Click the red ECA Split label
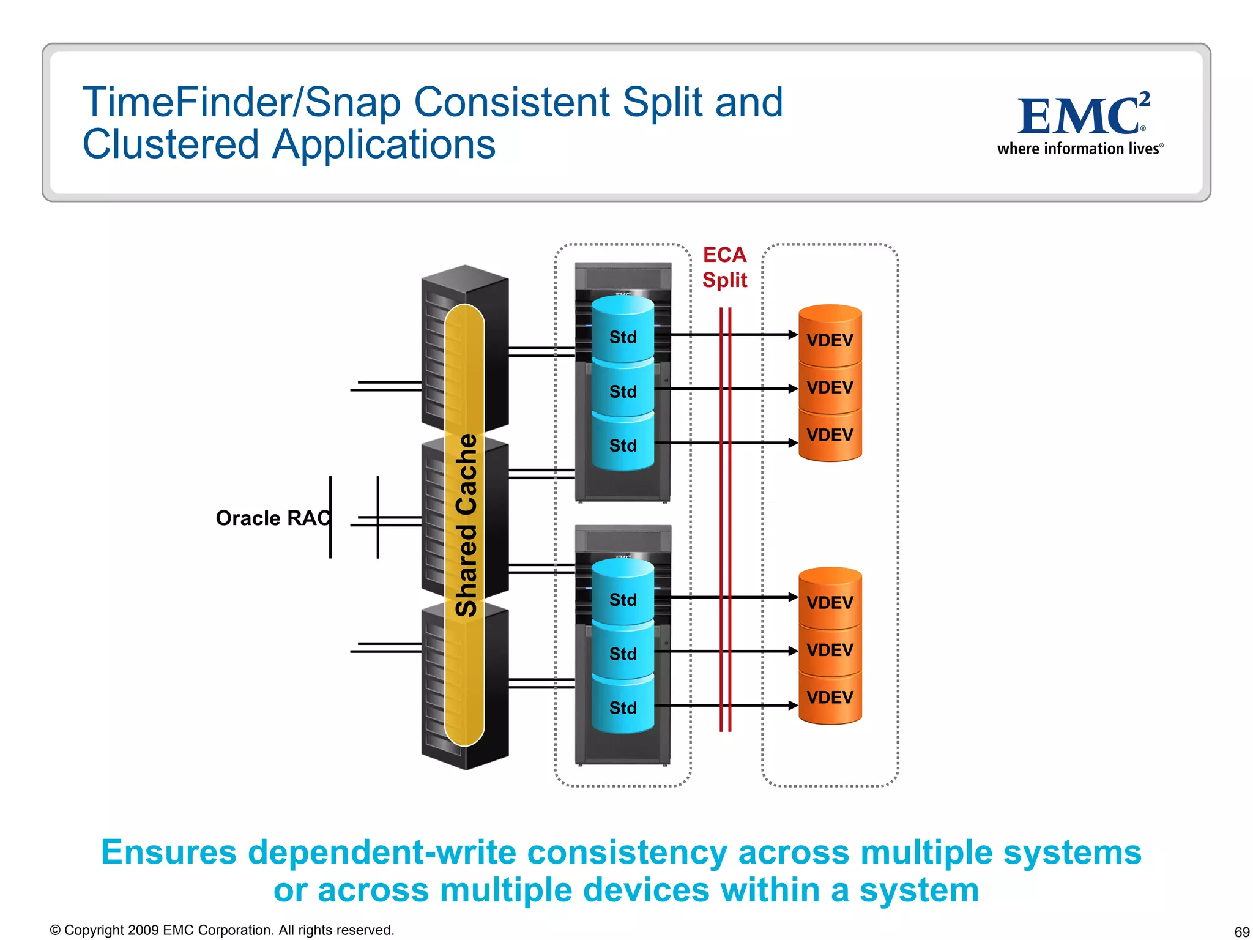point(724,267)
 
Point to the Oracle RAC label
point(273,518)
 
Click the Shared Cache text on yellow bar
point(466,525)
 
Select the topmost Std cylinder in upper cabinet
point(623,337)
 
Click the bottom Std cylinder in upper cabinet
point(623,445)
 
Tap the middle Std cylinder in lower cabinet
point(623,654)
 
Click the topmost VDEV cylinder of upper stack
point(830,339)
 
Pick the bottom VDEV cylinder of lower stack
point(830,697)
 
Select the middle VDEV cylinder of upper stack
point(830,387)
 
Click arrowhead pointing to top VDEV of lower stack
point(793,597)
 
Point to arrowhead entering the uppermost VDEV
point(793,335)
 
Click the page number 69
point(1241,931)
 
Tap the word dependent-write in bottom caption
point(382,852)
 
